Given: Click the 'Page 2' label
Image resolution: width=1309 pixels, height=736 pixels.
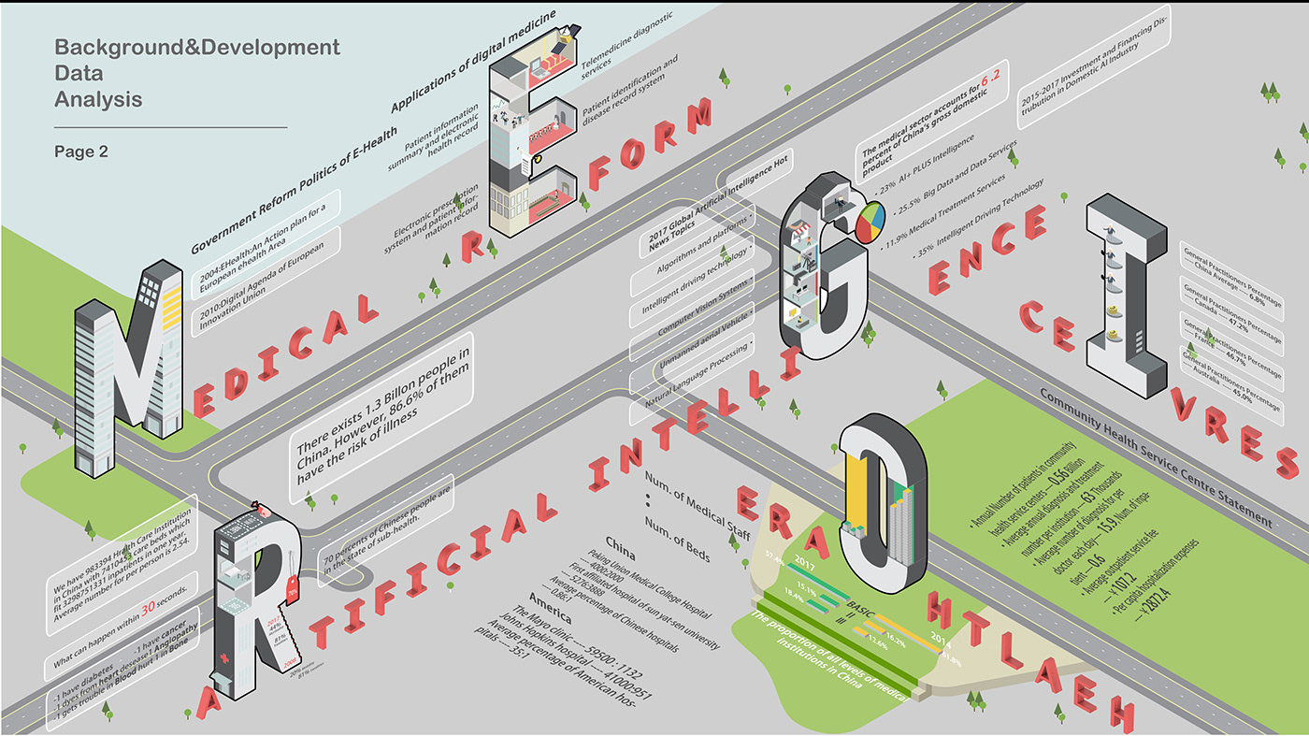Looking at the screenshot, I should [81, 151].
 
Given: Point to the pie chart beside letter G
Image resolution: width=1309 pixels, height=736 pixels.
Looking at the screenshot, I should [868, 224].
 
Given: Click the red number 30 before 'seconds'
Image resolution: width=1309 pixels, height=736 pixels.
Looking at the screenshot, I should [148, 609].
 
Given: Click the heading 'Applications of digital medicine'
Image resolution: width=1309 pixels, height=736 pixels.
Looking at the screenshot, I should [472, 64].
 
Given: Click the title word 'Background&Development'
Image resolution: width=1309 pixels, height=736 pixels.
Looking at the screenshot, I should [196, 48].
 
